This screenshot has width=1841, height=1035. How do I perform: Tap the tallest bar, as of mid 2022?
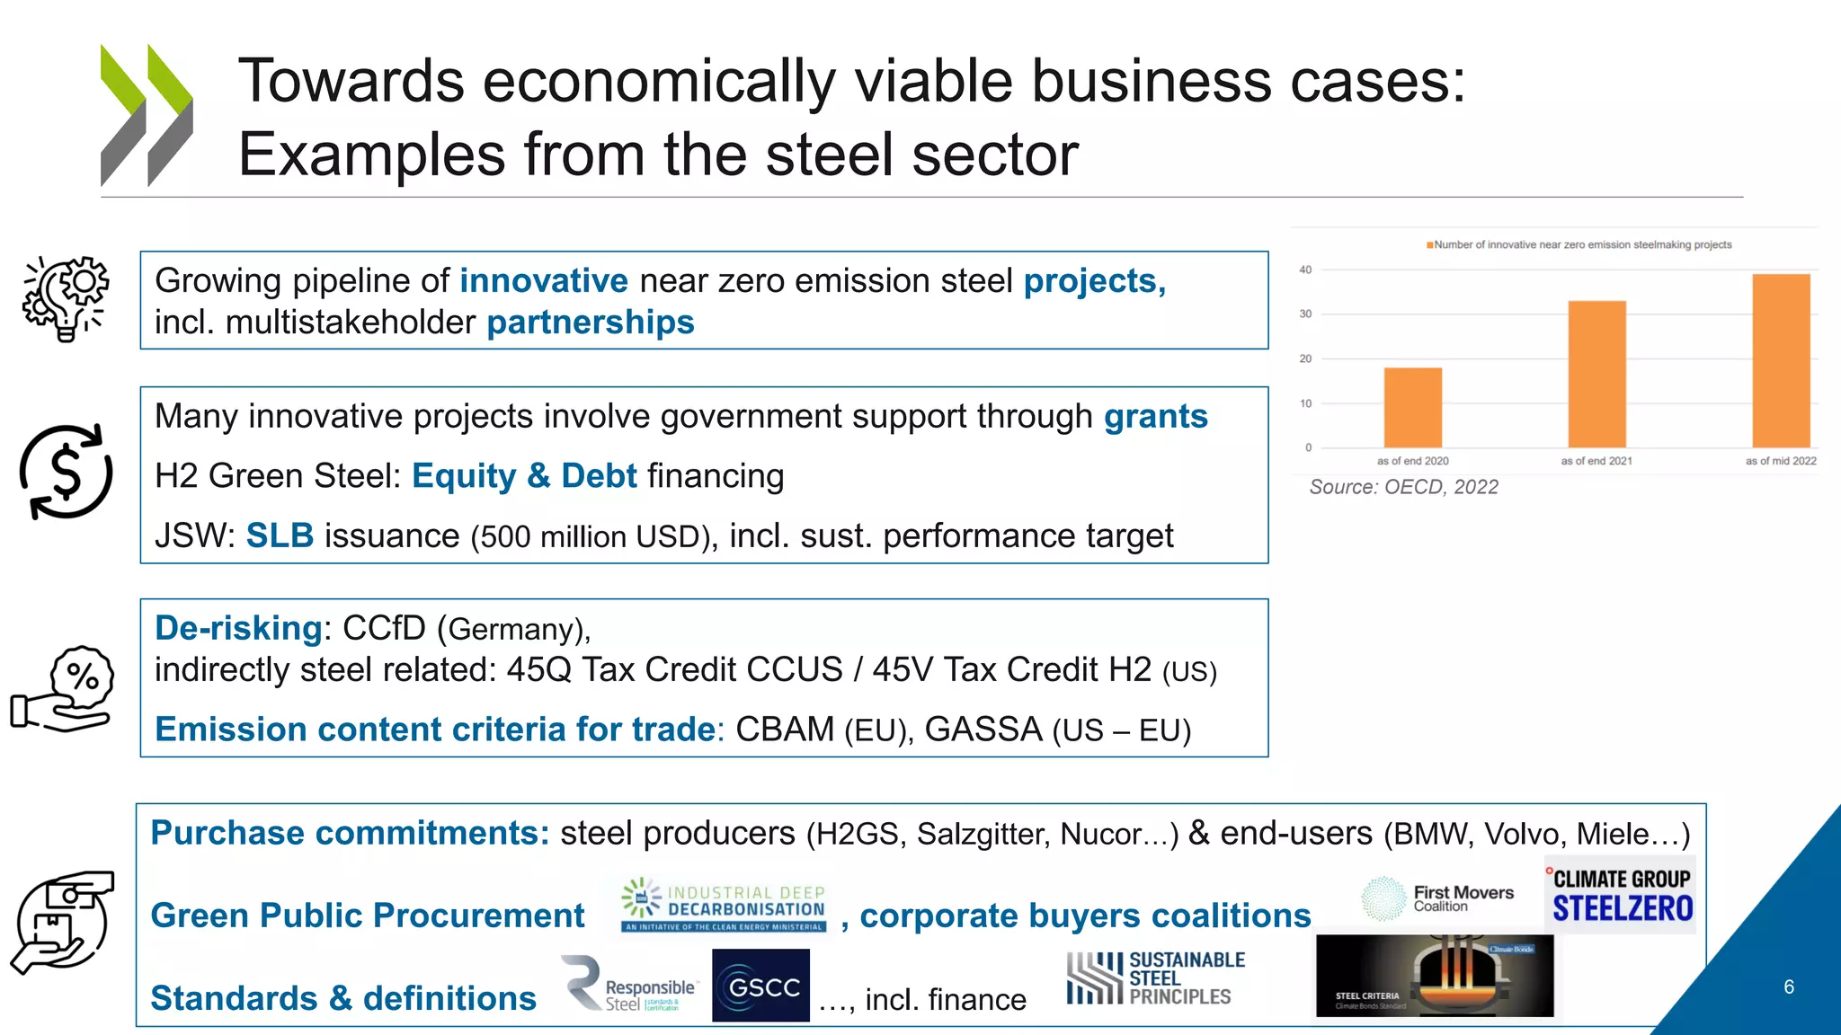(x=1781, y=360)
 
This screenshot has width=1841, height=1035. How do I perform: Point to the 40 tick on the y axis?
(x=1305, y=270)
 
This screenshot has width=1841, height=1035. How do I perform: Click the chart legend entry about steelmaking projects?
(x=1579, y=244)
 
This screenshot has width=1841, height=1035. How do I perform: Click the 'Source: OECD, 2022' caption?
(x=1403, y=487)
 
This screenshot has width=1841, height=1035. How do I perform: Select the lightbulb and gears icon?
(x=66, y=298)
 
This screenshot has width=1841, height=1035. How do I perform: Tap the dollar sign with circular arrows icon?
(x=66, y=472)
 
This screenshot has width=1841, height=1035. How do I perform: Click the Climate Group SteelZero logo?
(x=1622, y=896)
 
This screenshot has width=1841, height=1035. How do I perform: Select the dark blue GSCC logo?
(x=760, y=986)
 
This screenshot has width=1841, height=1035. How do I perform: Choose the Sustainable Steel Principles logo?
(x=1156, y=978)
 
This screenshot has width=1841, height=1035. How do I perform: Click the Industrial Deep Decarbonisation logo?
(x=724, y=905)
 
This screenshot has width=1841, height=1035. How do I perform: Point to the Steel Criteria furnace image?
(x=1435, y=976)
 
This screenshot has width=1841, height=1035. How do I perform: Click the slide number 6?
(x=1788, y=986)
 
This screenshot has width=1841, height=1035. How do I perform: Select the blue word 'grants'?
(x=1155, y=417)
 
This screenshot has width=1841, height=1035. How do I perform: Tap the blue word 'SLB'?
(x=280, y=535)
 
